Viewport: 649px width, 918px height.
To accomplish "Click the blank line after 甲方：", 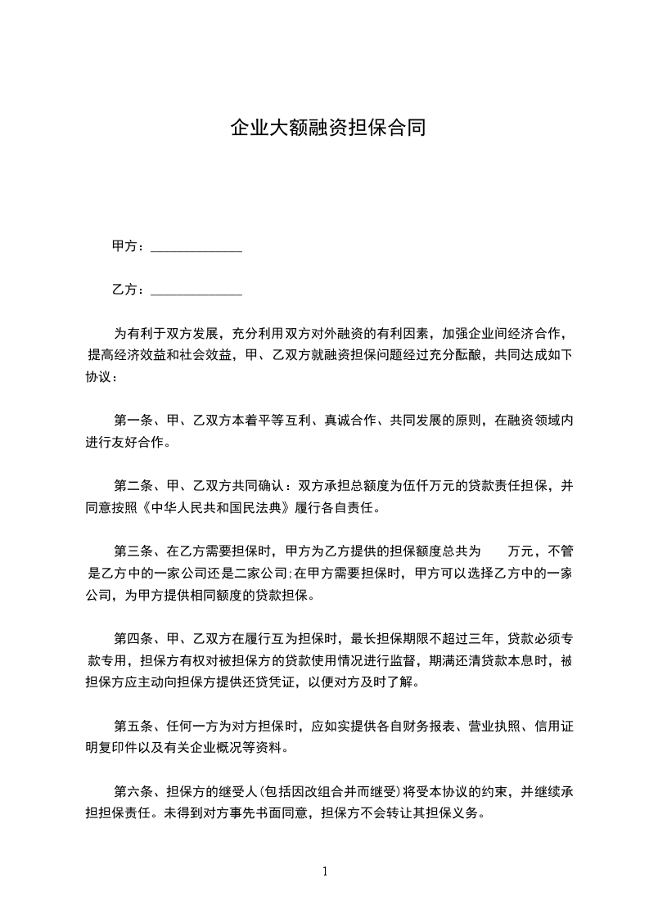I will [196, 247].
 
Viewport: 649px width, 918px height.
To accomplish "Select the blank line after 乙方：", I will [196, 290].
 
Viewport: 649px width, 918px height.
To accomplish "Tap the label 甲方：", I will [128, 246].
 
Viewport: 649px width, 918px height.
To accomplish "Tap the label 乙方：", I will [128, 290].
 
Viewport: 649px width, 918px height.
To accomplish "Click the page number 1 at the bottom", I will [325, 871].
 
